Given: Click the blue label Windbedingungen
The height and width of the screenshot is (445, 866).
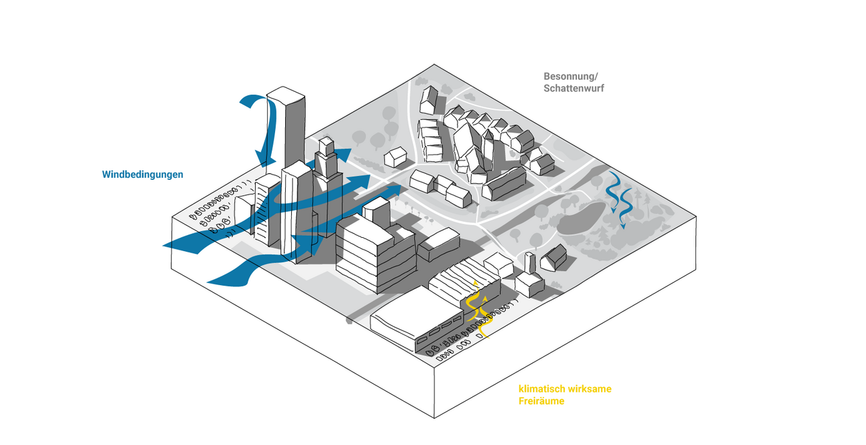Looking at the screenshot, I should (143, 175).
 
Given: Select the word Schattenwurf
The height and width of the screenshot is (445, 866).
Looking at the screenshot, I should (574, 88).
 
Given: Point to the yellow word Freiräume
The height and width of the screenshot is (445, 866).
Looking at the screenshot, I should (542, 401).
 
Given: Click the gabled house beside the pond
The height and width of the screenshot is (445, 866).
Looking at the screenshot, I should (554, 256).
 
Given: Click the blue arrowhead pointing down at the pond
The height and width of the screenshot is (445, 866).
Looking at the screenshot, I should (623, 224).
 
